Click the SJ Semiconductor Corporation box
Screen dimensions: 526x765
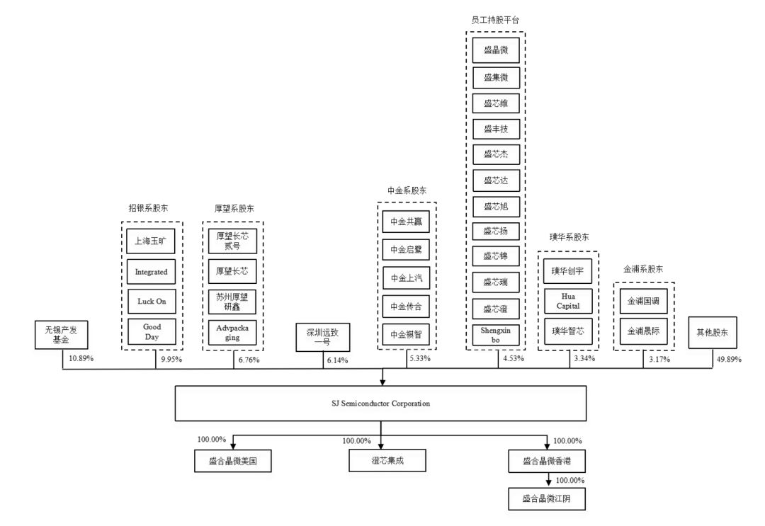[381, 404]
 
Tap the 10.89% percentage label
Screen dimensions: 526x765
[82, 359]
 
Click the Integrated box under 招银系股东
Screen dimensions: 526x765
[152, 271]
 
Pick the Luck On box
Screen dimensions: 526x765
[152, 301]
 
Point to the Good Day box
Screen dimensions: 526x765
[152, 331]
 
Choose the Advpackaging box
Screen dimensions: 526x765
[233, 332]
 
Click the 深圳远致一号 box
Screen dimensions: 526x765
[323, 336]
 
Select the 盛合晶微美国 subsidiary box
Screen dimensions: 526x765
[233, 461]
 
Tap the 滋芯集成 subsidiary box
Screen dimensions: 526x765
[381, 461]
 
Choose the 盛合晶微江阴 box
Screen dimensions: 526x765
[548, 498]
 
